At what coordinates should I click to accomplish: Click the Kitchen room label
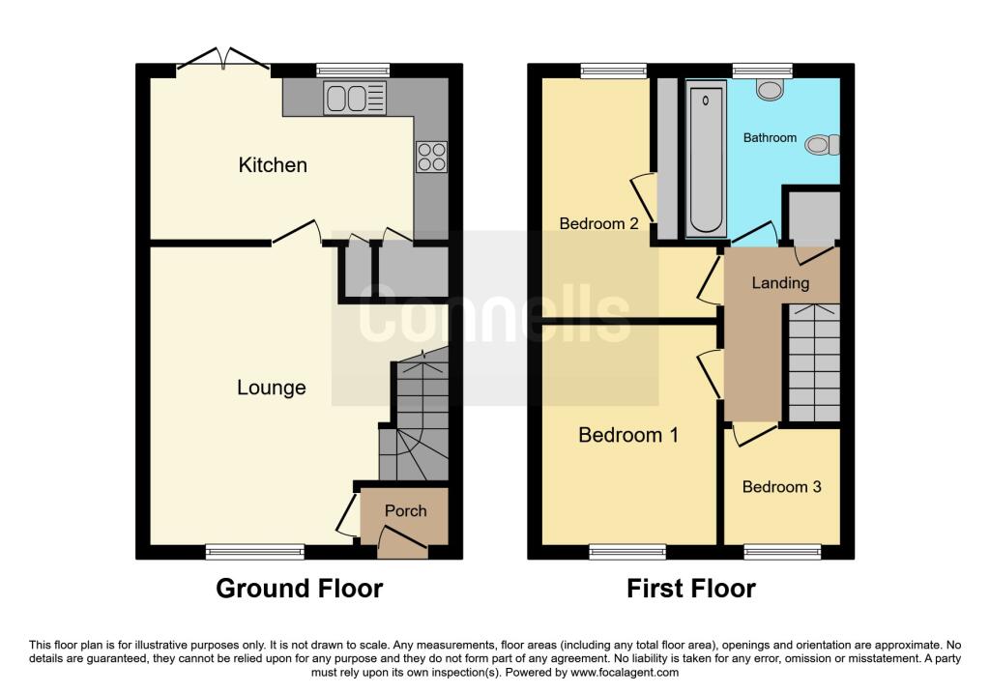[273, 164]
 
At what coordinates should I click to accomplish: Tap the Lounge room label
[272, 388]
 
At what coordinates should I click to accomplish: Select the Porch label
[405, 510]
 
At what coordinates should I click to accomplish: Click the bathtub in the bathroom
[706, 161]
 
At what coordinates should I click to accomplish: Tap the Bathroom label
[770, 137]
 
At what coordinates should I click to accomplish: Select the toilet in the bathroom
[823, 145]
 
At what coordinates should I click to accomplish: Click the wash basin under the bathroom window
[770, 90]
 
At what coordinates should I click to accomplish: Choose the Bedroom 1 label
[628, 435]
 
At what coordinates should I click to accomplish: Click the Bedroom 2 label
[598, 223]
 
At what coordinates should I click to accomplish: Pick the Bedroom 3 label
[781, 486]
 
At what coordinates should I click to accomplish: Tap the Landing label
[780, 283]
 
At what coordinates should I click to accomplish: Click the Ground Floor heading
[300, 589]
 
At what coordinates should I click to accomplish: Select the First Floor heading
[690, 589]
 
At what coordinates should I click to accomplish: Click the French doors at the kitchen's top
[223, 58]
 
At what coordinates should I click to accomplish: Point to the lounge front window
[255, 552]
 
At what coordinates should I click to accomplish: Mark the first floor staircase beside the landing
[814, 362]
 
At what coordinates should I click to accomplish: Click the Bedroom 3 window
[783, 552]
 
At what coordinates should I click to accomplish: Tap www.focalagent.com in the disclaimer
[625, 673]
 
